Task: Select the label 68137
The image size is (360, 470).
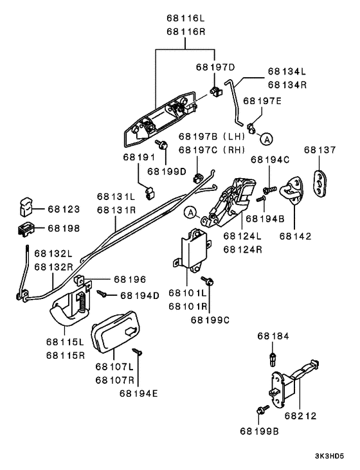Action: pyautogui.click(x=320, y=150)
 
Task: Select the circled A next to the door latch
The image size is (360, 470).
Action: pyautogui.click(x=190, y=212)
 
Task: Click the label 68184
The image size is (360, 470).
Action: pyautogui.click(x=274, y=336)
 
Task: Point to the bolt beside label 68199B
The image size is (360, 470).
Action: pyautogui.click(x=262, y=410)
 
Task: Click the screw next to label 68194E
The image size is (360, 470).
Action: pyautogui.click(x=137, y=352)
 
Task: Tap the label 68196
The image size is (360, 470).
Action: pyautogui.click(x=130, y=280)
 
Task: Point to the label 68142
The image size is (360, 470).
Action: pyautogui.click(x=295, y=236)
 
